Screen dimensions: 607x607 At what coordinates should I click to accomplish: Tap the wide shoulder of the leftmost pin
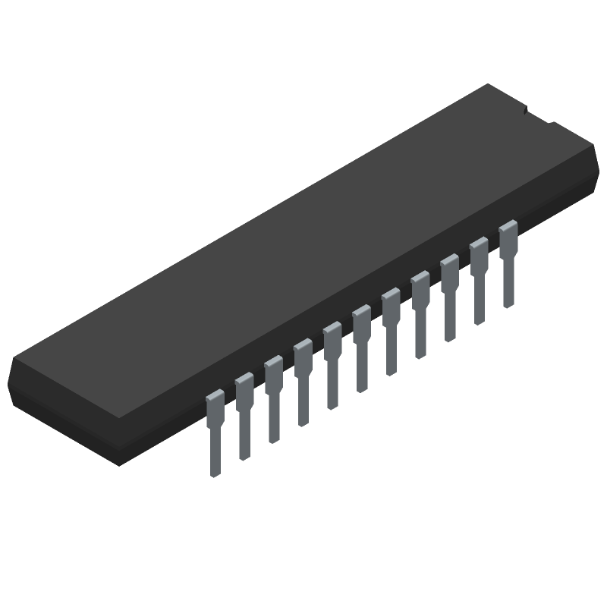pyautogui.click(x=215, y=406)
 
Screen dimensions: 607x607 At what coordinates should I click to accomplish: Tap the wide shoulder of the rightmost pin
pyautogui.click(x=508, y=235)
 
